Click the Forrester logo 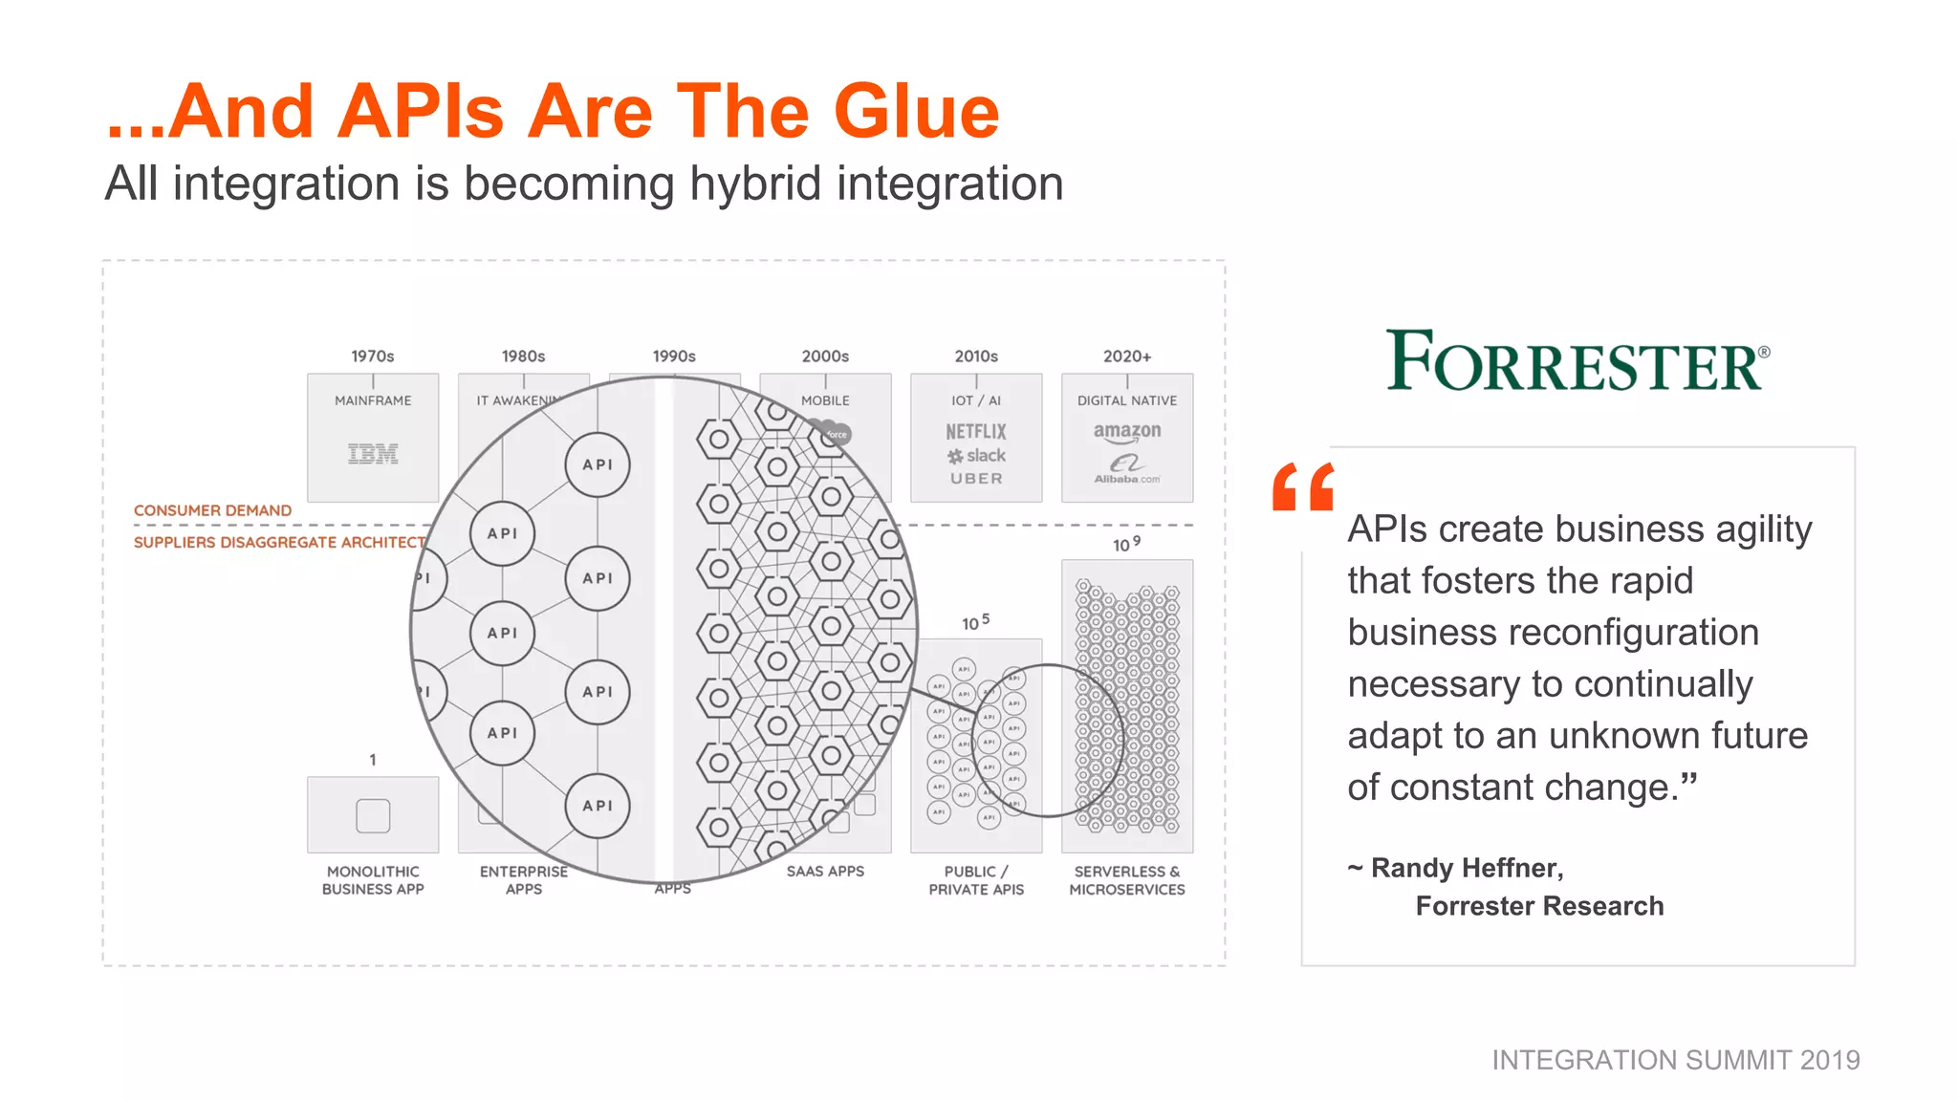click(1577, 361)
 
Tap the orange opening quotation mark click(1302, 486)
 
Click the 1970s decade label click(372, 356)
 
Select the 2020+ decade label click(1127, 356)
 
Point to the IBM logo click(373, 454)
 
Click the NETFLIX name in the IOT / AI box click(976, 432)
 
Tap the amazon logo click(1127, 432)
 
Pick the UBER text click(976, 479)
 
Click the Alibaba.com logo click(1127, 469)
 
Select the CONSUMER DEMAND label click(212, 510)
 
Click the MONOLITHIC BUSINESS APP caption click(373, 880)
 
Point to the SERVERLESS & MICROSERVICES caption click(1127, 880)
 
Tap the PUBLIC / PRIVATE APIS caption click(976, 880)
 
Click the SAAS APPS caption click(825, 872)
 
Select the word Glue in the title click(916, 112)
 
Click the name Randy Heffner click(1467, 868)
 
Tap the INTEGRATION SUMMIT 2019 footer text click(1676, 1060)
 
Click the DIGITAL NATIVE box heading click(1127, 400)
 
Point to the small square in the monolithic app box click(373, 815)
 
